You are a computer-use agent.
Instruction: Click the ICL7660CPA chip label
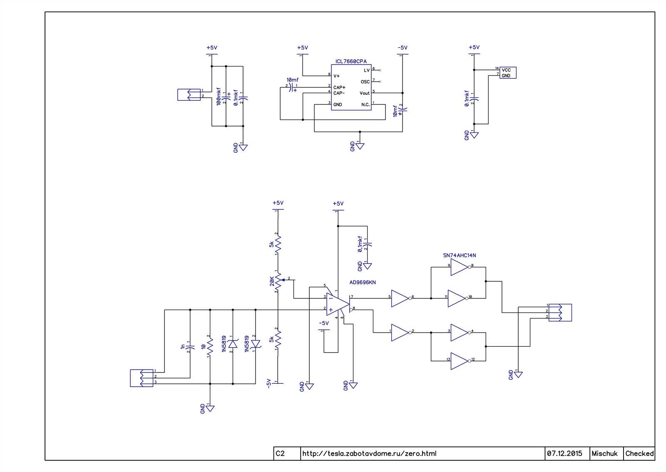(x=351, y=62)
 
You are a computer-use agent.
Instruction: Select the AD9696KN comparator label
(x=362, y=282)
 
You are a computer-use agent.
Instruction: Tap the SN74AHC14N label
(x=459, y=256)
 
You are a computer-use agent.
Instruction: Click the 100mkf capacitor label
(x=219, y=96)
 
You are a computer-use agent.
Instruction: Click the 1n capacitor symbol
(x=190, y=345)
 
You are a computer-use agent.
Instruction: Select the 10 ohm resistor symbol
(x=210, y=345)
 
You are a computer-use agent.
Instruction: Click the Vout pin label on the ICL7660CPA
(x=364, y=93)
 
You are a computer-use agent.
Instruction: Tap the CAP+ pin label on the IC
(x=339, y=87)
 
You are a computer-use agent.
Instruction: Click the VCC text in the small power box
(x=506, y=70)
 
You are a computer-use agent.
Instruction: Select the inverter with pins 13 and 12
(x=459, y=361)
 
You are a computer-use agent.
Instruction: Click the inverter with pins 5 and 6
(x=400, y=298)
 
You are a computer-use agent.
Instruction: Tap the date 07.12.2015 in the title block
(x=564, y=453)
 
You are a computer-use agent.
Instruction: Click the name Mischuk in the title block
(x=604, y=453)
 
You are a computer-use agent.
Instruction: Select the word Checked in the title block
(x=639, y=453)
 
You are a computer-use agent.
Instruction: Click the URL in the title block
(x=369, y=453)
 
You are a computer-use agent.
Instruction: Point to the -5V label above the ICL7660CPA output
(x=402, y=48)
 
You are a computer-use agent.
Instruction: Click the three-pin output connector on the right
(x=560, y=312)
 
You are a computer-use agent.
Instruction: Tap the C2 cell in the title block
(x=280, y=453)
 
